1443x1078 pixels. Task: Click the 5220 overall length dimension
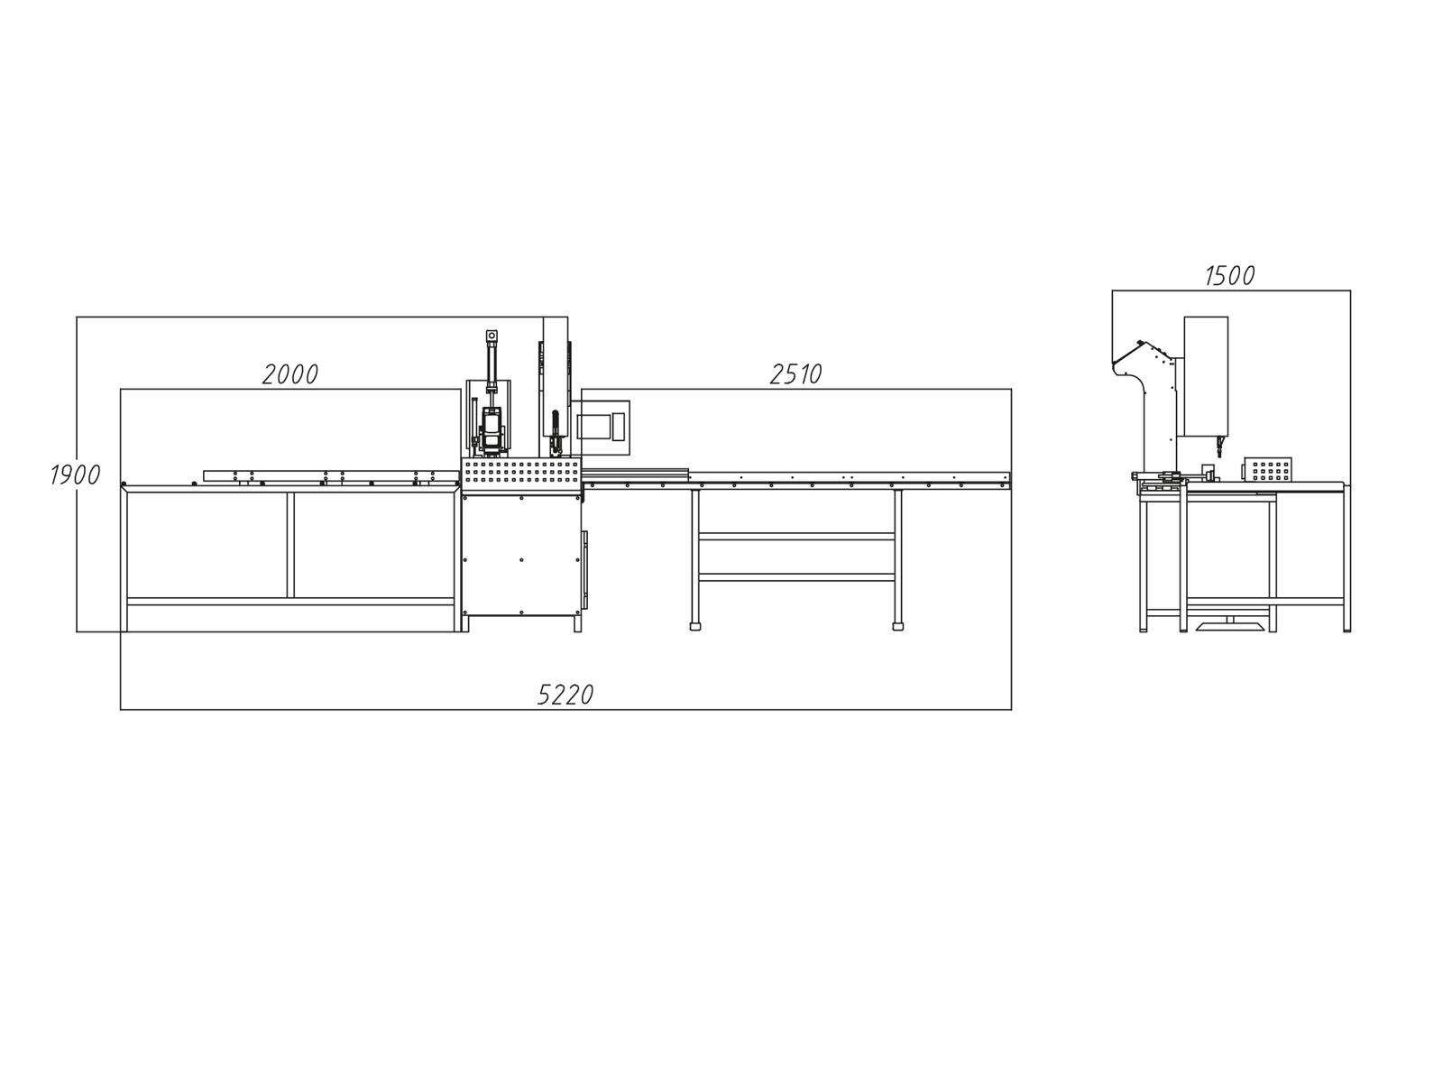pos(565,694)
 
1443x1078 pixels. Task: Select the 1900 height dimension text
pos(75,475)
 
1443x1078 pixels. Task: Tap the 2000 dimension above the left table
pos(290,373)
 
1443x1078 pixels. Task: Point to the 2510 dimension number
pos(795,373)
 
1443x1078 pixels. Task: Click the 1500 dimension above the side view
pos(1230,275)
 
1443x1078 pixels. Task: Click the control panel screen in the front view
pos(593,426)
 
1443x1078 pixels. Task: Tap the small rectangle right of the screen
pos(619,426)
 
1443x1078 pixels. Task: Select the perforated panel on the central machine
pos(520,475)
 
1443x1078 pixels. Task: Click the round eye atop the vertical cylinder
pos(492,336)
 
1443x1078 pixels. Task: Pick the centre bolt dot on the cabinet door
pos(521,559)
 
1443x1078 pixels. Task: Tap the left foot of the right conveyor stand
pos(694,625)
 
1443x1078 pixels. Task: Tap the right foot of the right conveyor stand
pos(897,625)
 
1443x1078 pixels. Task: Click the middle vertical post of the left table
pos(290,545)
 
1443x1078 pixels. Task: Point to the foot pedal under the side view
pos(1229,624)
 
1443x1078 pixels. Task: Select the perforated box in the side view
pos(1267,469)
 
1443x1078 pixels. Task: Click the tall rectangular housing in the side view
pos(1206,374)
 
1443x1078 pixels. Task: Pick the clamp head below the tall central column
pos(556,442)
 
